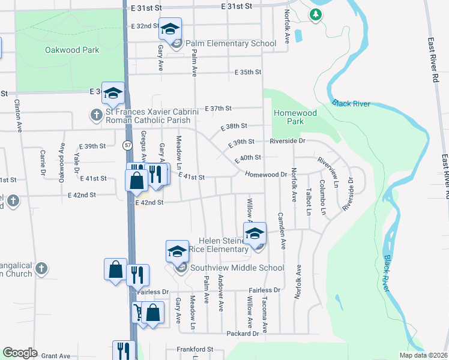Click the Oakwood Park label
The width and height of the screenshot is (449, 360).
(72, 50)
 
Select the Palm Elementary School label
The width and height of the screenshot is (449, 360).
(231, 43)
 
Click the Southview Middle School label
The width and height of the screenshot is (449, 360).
(237, 268)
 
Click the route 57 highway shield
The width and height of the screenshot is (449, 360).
(127, 145)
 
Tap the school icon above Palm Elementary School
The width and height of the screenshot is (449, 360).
(170, 28)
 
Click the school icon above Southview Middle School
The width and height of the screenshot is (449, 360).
(177, 251)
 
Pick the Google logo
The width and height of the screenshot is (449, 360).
(20, 353)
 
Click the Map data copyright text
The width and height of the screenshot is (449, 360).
(423, 355)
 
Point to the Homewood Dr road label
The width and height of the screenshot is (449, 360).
(267, 175)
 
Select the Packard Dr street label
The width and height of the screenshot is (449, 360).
(243, 333)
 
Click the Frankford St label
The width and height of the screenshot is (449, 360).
(194, 349)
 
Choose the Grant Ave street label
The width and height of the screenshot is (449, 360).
(56, 356)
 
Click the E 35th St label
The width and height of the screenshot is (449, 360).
(248, 73)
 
